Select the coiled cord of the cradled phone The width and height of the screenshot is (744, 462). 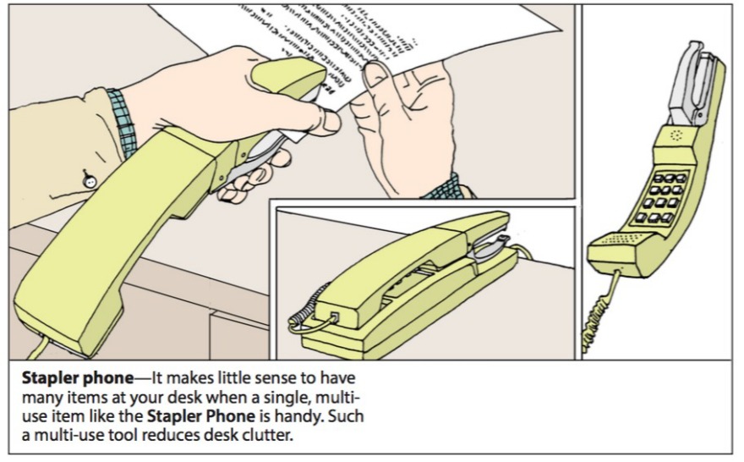pyautogui.click(x=307, y=310)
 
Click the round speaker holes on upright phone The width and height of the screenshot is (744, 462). pyautogui.click(x=676, y=135)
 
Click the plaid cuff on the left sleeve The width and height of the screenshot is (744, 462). pyautogui.click(x=123, y=123)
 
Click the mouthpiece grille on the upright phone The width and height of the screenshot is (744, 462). pyautogui.click(x=616, y=242)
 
